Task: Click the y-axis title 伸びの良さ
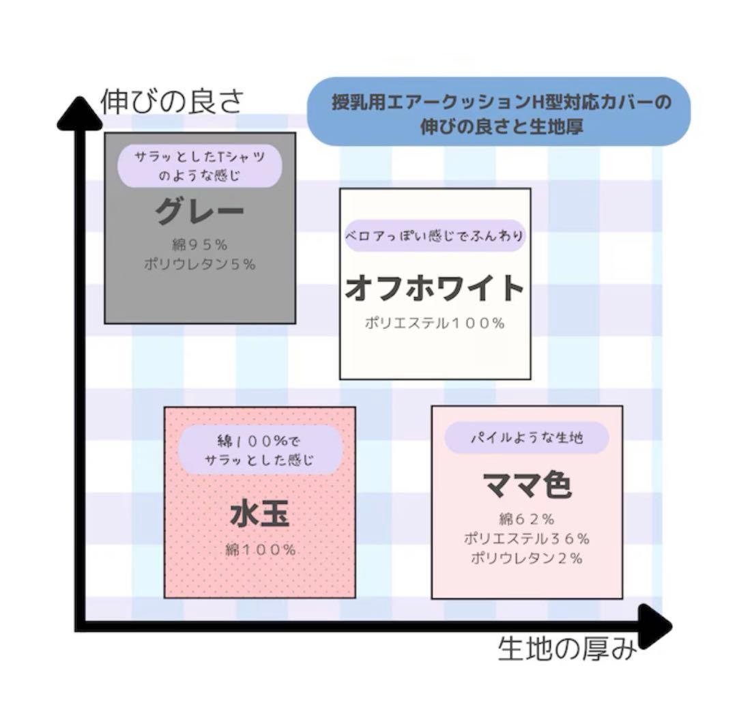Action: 171,103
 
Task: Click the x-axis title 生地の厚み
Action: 567,648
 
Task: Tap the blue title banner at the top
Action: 498,112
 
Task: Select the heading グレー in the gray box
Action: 199,212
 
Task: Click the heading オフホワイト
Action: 435,289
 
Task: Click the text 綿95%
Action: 199,244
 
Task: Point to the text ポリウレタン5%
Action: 199,265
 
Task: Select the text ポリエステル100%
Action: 435,323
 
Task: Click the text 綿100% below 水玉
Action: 260,550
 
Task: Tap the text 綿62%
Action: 526,519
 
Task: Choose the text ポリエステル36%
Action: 526,538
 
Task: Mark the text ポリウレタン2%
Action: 526,558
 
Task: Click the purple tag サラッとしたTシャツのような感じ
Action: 199,165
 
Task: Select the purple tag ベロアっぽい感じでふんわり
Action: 435,236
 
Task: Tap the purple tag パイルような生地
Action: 526,437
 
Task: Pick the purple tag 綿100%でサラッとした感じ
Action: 259,450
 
